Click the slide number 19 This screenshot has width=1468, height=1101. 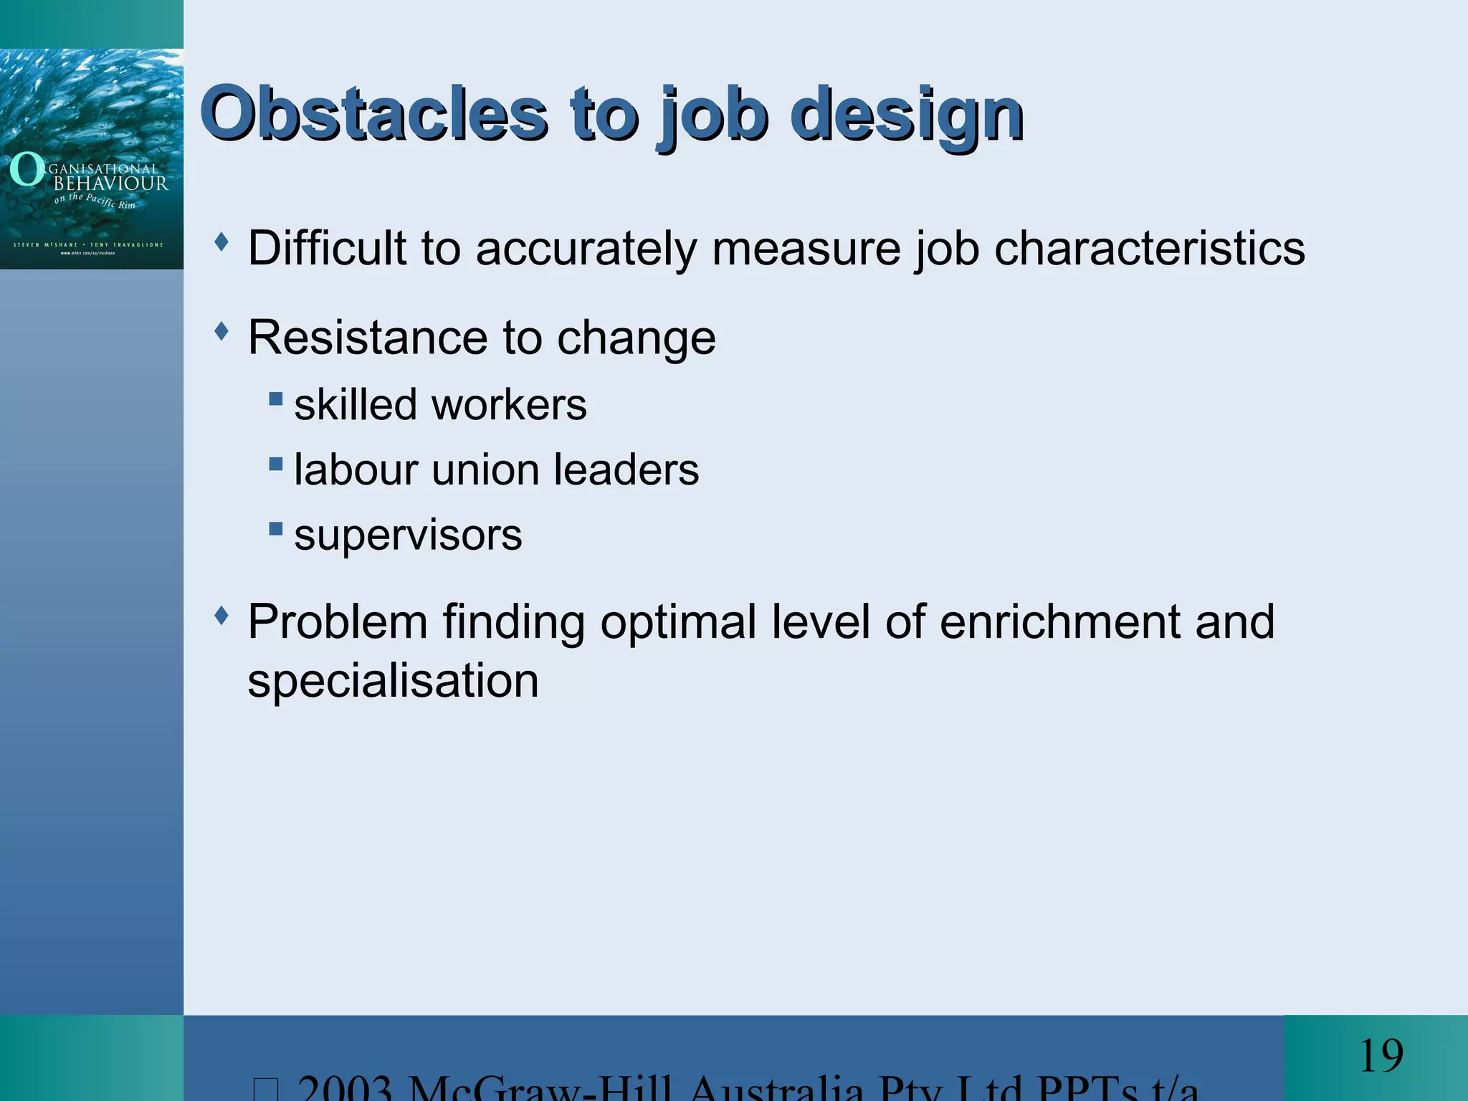[x=1381, y=1056]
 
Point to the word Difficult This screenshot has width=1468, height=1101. [x=327, y=248]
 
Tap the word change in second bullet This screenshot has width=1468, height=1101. [x=636, y=338]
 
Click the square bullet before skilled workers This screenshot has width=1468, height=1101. [x=276, y=398]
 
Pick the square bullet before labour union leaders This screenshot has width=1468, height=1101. [x=276, y=464]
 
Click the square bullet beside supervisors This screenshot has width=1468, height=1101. [x=276, y=529]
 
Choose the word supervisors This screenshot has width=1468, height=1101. [x=408, y=535]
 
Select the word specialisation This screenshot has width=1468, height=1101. [x=393, y=680]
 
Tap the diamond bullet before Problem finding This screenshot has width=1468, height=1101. [x=222, y=614]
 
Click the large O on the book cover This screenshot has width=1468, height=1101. [x=26, y=170]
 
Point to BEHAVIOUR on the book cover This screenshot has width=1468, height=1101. [x=111, y=183]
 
